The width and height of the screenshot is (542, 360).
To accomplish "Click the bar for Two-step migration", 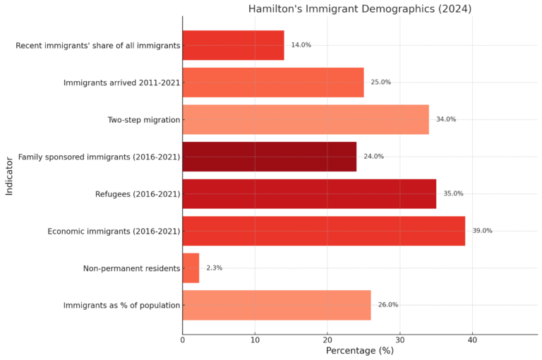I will [305, 119].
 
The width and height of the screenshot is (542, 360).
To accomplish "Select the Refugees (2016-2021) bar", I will [308, 193].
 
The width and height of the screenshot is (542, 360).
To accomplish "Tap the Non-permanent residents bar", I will [191, 268].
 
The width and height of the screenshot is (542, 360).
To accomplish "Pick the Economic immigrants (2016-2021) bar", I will [323, 231].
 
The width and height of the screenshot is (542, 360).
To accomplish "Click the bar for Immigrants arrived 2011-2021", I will [272, 82].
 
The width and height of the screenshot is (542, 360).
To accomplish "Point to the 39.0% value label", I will [482, 231].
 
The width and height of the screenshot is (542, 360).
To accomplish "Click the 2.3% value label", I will [214, 268].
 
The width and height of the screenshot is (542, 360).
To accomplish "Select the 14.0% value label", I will [301, 45].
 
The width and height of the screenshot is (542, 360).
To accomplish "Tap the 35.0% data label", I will [453, 193].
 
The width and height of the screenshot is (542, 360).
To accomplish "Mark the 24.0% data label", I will [373, 157].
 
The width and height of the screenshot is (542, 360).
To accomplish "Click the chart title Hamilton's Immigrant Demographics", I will [359, 9].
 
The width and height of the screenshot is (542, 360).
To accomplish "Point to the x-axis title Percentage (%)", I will [359, 351].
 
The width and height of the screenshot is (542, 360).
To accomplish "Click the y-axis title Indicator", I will [9, 176].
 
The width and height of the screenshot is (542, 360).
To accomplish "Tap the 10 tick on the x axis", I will [255, 340].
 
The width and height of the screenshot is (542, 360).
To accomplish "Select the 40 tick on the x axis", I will [472, 340].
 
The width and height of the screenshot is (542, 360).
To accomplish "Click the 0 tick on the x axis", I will [182, 340].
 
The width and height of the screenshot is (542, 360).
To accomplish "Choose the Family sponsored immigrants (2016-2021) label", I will [99, 157].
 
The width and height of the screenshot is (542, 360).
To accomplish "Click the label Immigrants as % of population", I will [121, 306].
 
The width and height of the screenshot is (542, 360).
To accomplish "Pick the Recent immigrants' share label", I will [97, 45].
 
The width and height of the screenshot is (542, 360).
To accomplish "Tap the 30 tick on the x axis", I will [399, 340].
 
